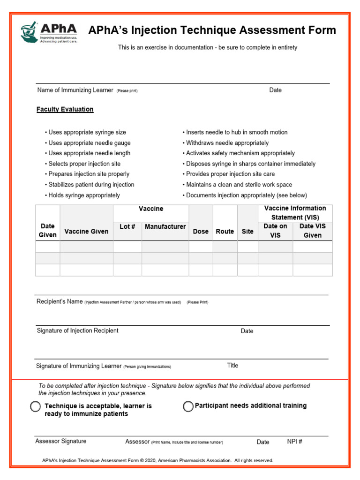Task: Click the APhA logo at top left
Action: point(48,32)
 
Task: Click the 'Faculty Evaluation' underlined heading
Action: point(65,109)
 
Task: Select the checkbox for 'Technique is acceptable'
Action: point(35,406)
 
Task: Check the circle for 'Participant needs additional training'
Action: point(188,406)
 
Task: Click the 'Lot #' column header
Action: point(127,226)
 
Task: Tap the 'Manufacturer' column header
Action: point(165,226)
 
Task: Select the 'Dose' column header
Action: point(201,231)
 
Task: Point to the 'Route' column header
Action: point(225,231)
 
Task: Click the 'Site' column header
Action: point(247,231)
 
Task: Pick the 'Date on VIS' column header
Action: point(275,231)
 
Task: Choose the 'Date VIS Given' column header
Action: point(313,231)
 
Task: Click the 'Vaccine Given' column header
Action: point(86,231)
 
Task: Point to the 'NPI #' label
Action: point(294,442)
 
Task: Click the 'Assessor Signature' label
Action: point(61,441)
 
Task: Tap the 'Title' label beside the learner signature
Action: point(232,366)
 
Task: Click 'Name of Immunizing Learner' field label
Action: point(75,90)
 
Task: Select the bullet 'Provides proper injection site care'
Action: point(230,174)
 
